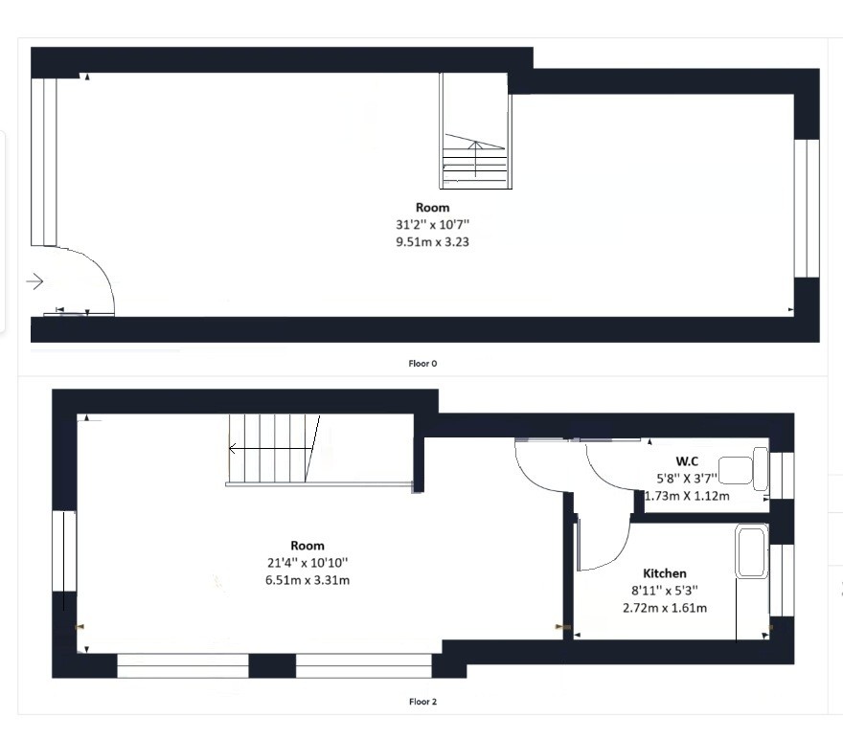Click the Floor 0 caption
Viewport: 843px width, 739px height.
pos(422,364)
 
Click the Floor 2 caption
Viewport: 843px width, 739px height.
pos(422,702)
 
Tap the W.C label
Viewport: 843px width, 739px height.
pos(687,460)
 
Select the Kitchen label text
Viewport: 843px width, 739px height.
pos(665,573)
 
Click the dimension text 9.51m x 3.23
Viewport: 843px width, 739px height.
pos(432,241)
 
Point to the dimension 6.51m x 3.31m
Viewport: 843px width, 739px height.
pos(308,580)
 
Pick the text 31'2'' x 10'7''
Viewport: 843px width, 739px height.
pos(432,224)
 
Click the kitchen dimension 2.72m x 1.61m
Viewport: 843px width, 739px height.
pos(665,608)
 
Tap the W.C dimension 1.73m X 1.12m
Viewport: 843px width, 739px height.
pos(687,496)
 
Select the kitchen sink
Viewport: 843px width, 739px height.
pos(752,552)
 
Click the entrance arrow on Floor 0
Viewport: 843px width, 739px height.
pos(34,280)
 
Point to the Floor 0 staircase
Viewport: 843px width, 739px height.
pos(476,131)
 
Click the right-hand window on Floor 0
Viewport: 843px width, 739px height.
pos(807,209)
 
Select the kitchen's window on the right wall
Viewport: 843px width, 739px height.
pos(782,580)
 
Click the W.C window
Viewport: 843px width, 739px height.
pos(782,476)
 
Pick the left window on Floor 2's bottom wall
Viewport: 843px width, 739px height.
pos(183,665)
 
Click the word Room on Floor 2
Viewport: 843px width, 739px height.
pos(308,546)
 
